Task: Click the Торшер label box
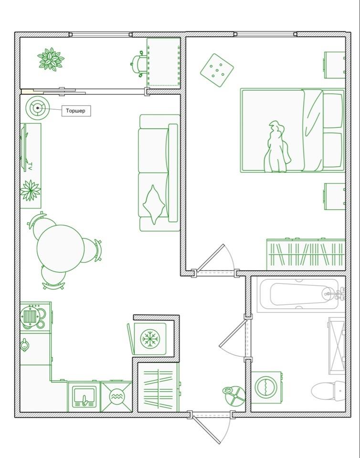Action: tap(76, 111)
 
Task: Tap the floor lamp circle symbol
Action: tap(37, 108)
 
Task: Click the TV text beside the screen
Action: tap(30, 167)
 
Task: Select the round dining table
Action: tap(61, 249)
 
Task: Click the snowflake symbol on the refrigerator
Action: tap(150, 339)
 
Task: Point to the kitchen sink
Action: tap(84, 396)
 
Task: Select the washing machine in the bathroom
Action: tap(266, 387)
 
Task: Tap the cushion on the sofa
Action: tap(154, 205)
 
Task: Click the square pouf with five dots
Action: tap(217, 70)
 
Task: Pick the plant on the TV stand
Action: tap(30, 190)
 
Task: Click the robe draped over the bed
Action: tap(277, 147)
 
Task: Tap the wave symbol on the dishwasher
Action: tap(117, 396)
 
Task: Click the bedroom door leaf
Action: tap(211, 257)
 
